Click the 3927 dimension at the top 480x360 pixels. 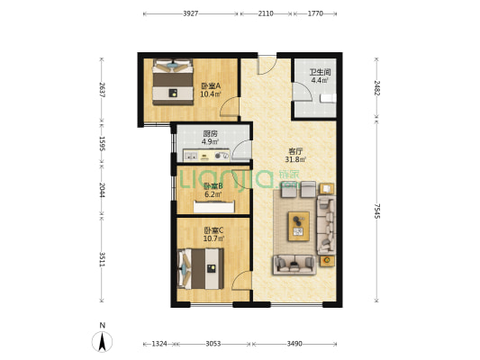click(191, 13)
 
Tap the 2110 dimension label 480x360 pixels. click(266, 13)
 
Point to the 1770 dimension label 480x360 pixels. click(315, 13)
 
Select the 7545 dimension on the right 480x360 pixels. click(376, 211)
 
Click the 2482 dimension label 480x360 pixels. click(376, 88)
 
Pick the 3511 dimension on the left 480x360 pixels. click(103, 259)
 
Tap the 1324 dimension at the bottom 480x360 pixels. click(159, 344)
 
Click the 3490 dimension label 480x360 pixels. click(294, 344)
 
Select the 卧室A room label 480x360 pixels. click(211, 85)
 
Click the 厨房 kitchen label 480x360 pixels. click(210, 134)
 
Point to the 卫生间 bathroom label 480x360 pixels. click(321, 73)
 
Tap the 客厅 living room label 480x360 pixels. click(295, 151)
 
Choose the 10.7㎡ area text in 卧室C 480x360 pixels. click(213, 238)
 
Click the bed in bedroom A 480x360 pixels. click(173, 82)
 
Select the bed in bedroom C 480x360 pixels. click(201, 269)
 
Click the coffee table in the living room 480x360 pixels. click(298, 226)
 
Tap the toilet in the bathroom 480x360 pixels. click(328, 98)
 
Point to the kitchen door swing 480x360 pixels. click(241, 150)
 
